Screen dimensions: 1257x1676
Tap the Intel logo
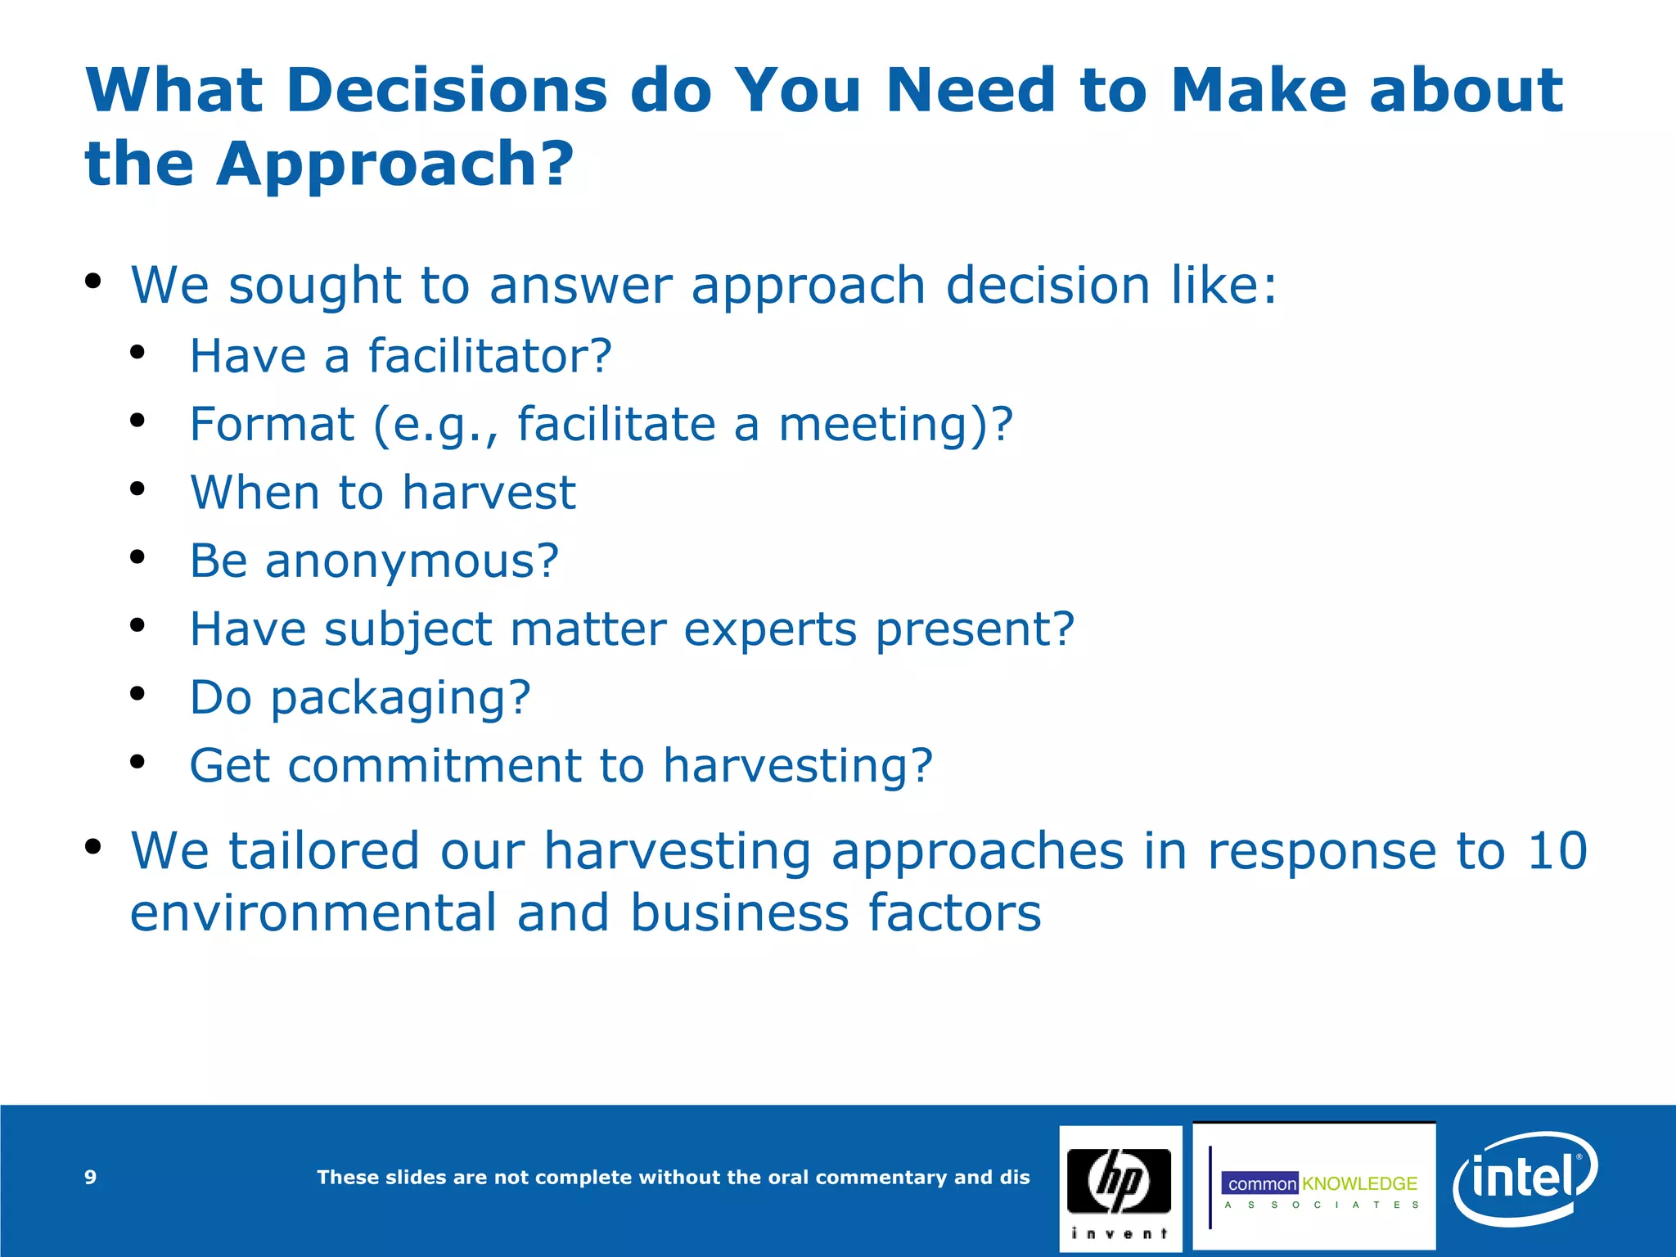[x=1524, y=1178]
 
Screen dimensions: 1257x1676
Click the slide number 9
[x=90, y=1177]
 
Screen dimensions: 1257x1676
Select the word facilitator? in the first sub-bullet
[x=489, y=356]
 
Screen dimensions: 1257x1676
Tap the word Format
[x=272, y=424]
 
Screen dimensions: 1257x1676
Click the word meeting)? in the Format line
[x=895, y=424]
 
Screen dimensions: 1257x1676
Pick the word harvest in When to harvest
[x=489, y=493]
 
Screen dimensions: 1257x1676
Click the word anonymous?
[x=412, y=561]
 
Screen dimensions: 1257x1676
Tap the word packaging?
[x=401, y=698]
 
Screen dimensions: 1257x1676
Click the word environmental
[x=313, y=913]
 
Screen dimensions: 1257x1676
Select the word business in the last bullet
[x=739, y=913]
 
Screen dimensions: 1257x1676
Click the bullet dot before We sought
[x=92, y=282]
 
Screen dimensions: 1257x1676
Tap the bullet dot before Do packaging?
[x=137, y=693]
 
